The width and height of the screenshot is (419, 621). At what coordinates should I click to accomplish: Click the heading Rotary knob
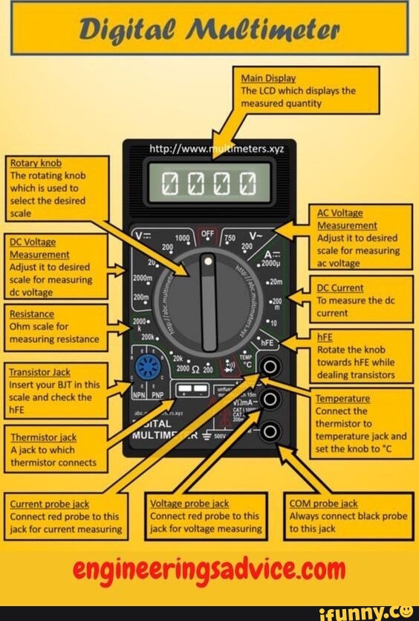(x=36, y=163)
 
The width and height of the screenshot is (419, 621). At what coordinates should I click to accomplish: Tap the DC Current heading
(x=340, y=288)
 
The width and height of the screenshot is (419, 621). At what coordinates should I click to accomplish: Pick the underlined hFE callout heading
(x=325, y=337)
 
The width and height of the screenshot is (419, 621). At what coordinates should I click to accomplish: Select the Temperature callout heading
(x=342, y=399)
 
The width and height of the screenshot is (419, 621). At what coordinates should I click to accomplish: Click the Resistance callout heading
(x=32, y=314)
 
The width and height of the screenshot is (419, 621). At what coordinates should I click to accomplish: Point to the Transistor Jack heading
(x=39, y=372)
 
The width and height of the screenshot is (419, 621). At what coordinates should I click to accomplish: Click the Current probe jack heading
(x=51, y=503)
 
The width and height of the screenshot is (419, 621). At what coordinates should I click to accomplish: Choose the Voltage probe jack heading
(x=189, y=503)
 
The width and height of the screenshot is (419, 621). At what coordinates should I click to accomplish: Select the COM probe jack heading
(x=324, y=503)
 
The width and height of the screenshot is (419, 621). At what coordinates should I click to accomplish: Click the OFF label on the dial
(x=209, y=234)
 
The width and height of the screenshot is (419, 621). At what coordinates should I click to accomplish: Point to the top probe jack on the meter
(x=271, y=366)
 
